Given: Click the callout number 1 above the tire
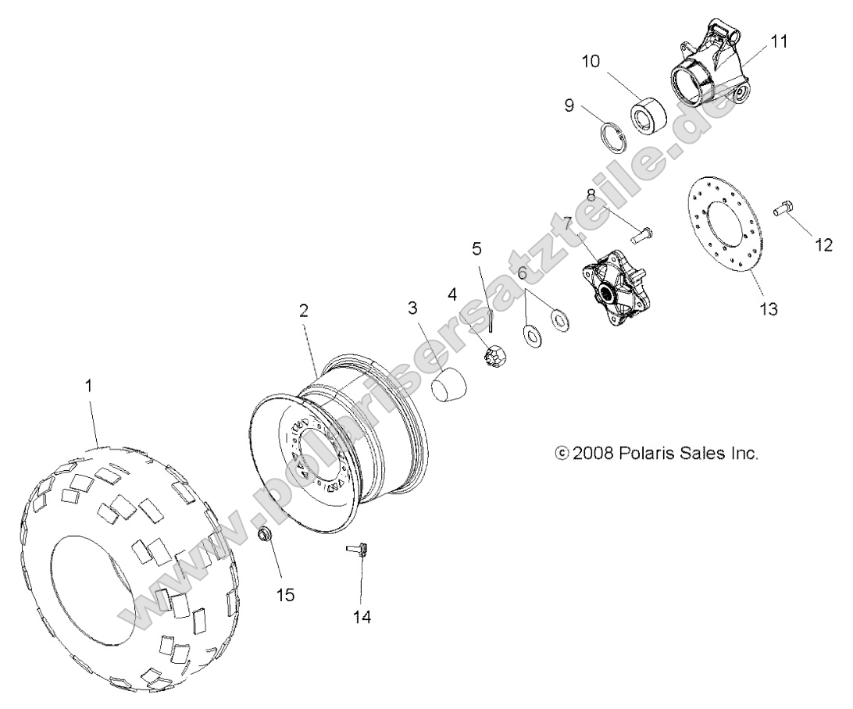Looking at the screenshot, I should point(88,386).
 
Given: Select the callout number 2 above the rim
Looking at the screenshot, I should point(304,310).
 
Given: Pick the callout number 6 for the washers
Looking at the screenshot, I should point(523,275).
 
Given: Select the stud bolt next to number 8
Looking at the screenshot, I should point(642,231).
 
